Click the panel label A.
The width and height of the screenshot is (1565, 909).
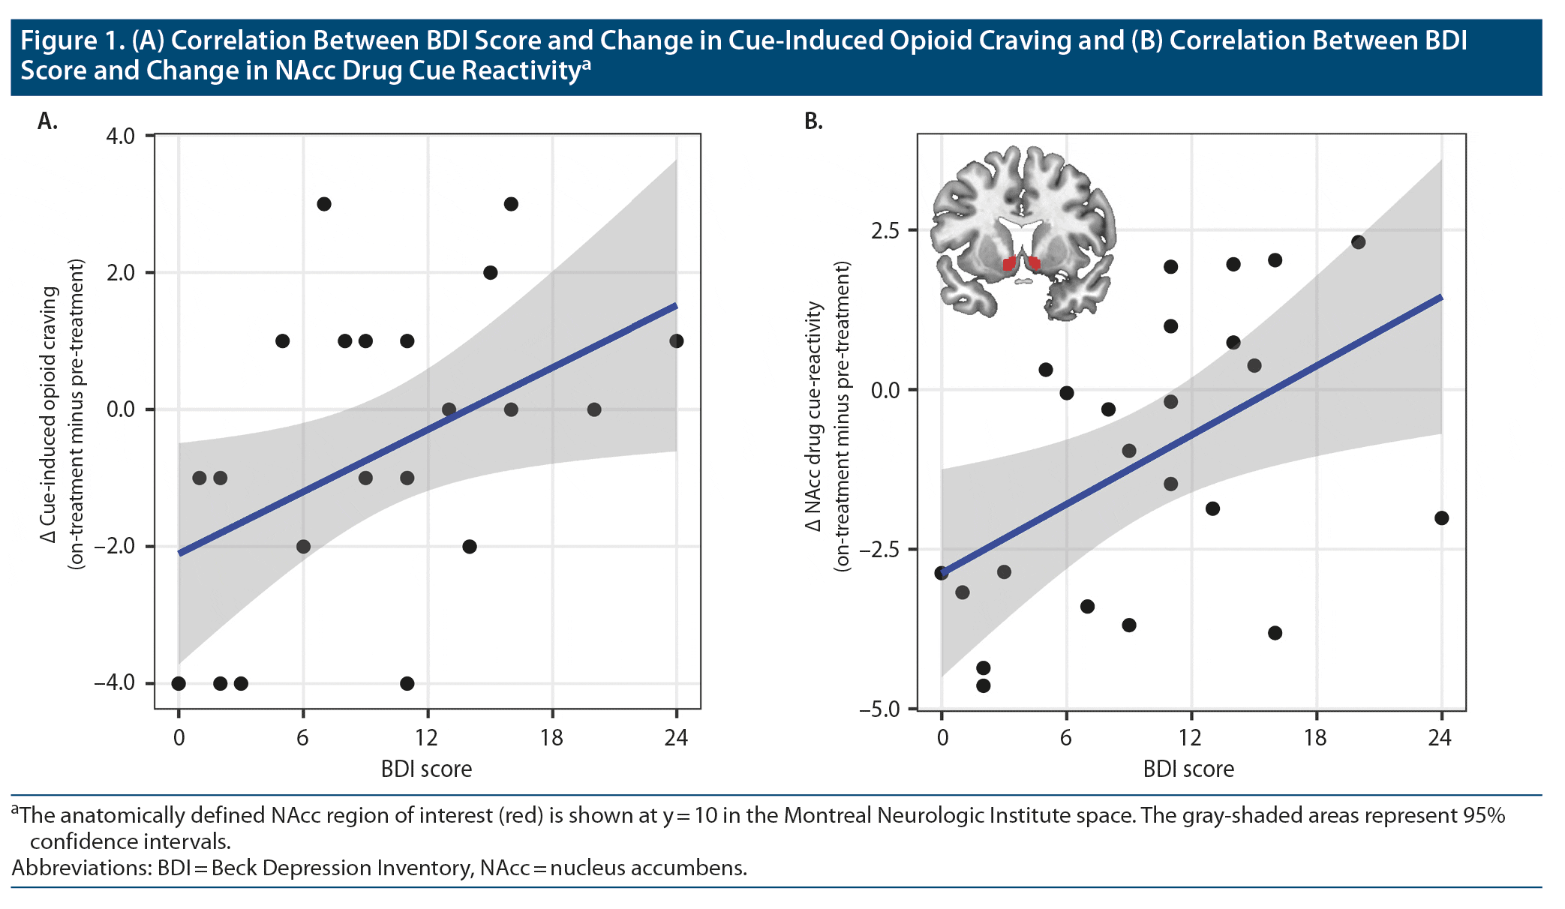(x=47, y=121)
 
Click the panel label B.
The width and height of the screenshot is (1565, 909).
(x=813, y=121)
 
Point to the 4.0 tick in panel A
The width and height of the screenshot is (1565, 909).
(x=120, y=136)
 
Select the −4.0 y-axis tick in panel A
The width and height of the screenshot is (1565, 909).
(x=115, y=683)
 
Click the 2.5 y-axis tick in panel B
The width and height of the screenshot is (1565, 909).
(x=885, y=230)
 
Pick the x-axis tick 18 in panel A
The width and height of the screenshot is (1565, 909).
(x=551, y=738)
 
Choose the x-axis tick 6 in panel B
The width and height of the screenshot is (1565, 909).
(x=1065, y=738)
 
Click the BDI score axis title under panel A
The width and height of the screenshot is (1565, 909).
(x=426, y=769)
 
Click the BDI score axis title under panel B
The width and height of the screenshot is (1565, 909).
(x=1188, y=769)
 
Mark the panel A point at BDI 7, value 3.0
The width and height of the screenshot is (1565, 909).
(x=324, y=204)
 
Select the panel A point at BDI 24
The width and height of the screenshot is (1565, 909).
(x=676, y=341)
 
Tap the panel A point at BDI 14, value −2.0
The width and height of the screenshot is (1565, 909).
(x=470, y=547)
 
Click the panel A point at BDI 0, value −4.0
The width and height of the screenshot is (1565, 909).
(x=179, y=683)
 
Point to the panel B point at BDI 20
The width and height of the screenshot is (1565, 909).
(x=1358, y=242)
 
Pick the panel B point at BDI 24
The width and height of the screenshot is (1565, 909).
(x=1441, y=518)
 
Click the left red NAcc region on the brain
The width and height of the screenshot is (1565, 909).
(x=1009, y=264)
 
